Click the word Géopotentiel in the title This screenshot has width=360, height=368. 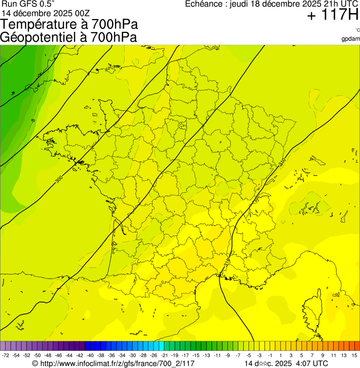(42, 37)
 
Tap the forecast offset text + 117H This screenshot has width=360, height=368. (333, 15)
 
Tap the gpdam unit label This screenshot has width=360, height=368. (351, 39)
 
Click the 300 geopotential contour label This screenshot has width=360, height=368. (59, 179)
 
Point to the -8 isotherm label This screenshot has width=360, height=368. (33, 121)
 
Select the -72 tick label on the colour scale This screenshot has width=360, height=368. (5, 356)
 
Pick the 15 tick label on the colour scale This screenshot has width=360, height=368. (354, 356)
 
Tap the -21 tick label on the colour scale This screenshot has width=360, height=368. (164, 356)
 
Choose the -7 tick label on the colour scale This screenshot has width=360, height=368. (238, 356)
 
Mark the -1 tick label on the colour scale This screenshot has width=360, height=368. (270, 356)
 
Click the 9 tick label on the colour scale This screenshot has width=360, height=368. (323, 356)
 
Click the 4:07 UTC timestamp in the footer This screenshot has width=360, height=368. (311, 364)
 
